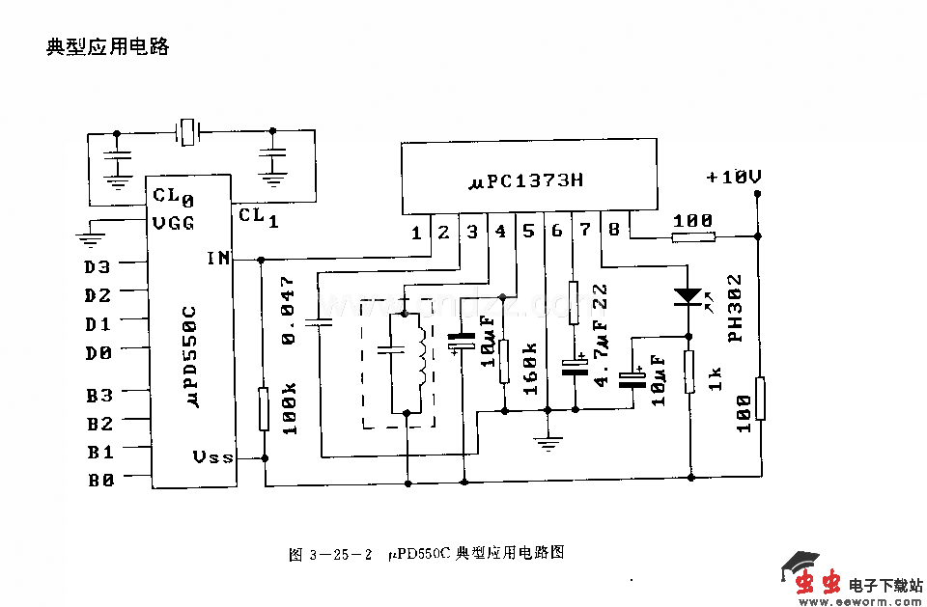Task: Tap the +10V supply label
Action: click(734, 178)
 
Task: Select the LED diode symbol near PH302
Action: click(688, 294)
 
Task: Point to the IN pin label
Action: click(218, 258)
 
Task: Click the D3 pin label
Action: click(98, 267)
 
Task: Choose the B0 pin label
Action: click(100, 480)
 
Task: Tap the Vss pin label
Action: click(213, 456)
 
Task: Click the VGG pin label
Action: click(174, 223)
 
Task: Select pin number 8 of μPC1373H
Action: click(614, 230)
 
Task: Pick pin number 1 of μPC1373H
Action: click(416, 232)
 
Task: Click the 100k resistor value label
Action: click(288, 406)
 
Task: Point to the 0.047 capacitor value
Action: click(287, 310)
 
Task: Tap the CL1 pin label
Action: click(259, 216)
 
